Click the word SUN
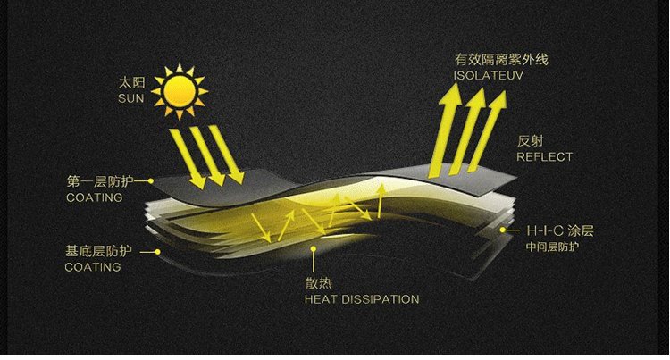(130, 97)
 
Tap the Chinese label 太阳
(130, 82)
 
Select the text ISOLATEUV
(487, 76)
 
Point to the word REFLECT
(544, 156)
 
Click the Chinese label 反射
(531, 140)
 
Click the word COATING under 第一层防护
(94, 197)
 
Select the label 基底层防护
(100, 251)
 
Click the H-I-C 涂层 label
(559, 230)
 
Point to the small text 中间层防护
(551, 247)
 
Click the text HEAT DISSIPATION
(362, 298)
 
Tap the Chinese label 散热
(317, 282)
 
